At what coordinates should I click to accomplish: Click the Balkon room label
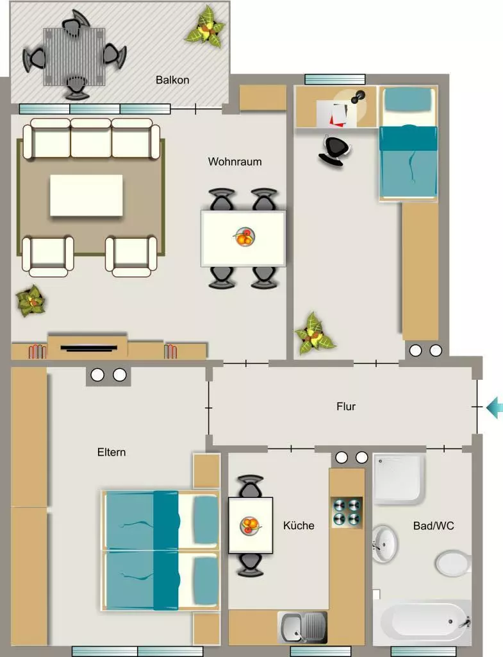coord(172,80)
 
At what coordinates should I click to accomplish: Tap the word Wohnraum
coord(235,161)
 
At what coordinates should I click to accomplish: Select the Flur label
coord(346,406)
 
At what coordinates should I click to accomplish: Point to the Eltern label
coord(111,452)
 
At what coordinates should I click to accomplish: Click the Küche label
coord(299,525)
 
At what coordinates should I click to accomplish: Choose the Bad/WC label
coord(434,525)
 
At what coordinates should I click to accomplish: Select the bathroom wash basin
coord(384,543)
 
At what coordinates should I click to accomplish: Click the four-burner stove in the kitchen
coord(347,513)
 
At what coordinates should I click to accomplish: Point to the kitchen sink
coord(302,627)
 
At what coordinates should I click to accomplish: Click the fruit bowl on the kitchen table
coord(251,525)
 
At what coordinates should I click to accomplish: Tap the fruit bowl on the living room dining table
coord(243,237)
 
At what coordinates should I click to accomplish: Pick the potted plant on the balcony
coord(206,27)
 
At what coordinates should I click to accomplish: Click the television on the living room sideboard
coord(88,347)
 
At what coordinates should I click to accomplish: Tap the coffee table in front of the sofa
coord(87,195)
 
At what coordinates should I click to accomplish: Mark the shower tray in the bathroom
coord(398,478)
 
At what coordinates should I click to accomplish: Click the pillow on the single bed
coord(408,100)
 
